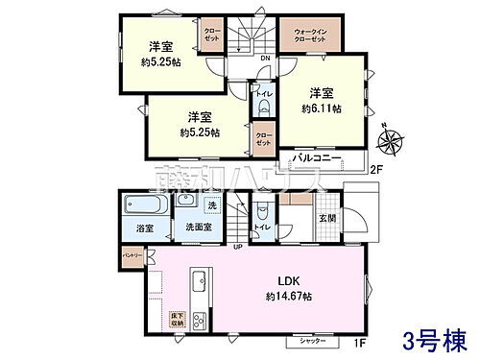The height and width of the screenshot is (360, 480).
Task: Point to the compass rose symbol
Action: tap(390, 142)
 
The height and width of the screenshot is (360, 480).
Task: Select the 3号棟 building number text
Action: tap(435, 340)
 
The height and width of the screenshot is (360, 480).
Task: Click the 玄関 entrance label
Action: tap(327, 218)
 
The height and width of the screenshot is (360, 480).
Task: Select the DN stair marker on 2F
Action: tap(264, 60)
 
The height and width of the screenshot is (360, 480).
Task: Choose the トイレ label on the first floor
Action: tap(260, 227)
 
